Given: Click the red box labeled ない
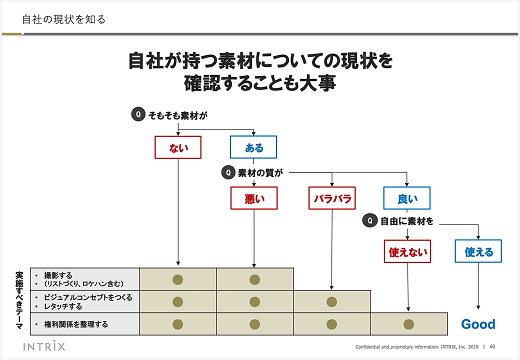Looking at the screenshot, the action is click(178, 147).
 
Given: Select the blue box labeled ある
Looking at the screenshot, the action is click(255, 147).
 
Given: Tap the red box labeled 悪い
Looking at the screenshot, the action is click(255, 198).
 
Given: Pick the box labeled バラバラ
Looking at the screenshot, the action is click(332, 198).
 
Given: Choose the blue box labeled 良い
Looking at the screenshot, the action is click(407, 198).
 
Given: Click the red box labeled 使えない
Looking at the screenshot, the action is click(407, 252).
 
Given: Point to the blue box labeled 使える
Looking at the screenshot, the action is click(480, 252).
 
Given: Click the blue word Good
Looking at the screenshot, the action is click(478, 324).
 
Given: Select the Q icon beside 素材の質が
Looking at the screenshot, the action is click(228, 172).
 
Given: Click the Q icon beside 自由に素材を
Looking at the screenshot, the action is click(370, 220).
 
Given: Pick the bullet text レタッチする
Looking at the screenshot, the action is click(62, 305).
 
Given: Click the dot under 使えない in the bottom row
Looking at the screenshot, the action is click(407, 324).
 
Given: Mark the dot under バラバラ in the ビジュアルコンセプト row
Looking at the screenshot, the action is click(332, 301).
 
